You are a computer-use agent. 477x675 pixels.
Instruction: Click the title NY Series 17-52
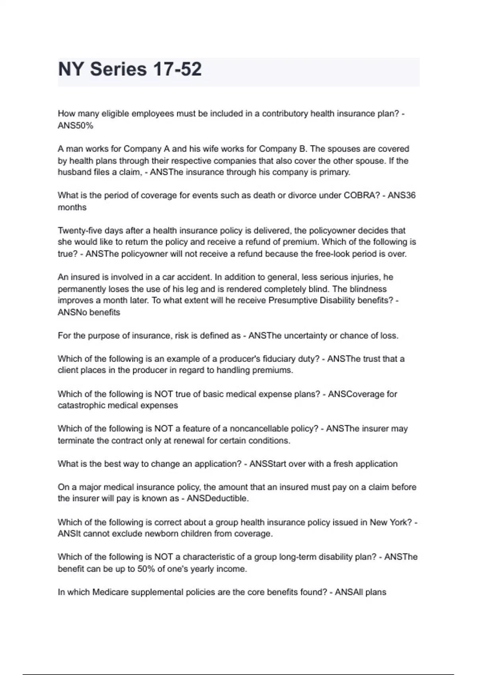[x=130, y=69]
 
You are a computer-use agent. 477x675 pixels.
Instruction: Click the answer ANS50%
[x=76, y=126]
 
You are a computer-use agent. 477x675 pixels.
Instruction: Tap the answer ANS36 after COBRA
[x=401, y=195]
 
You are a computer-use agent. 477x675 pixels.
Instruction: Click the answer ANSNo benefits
[x=89, y=312]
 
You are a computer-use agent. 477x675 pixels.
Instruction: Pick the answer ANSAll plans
[x=361, y=592]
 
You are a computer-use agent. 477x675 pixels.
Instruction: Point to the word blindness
[x=368, y=289]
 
